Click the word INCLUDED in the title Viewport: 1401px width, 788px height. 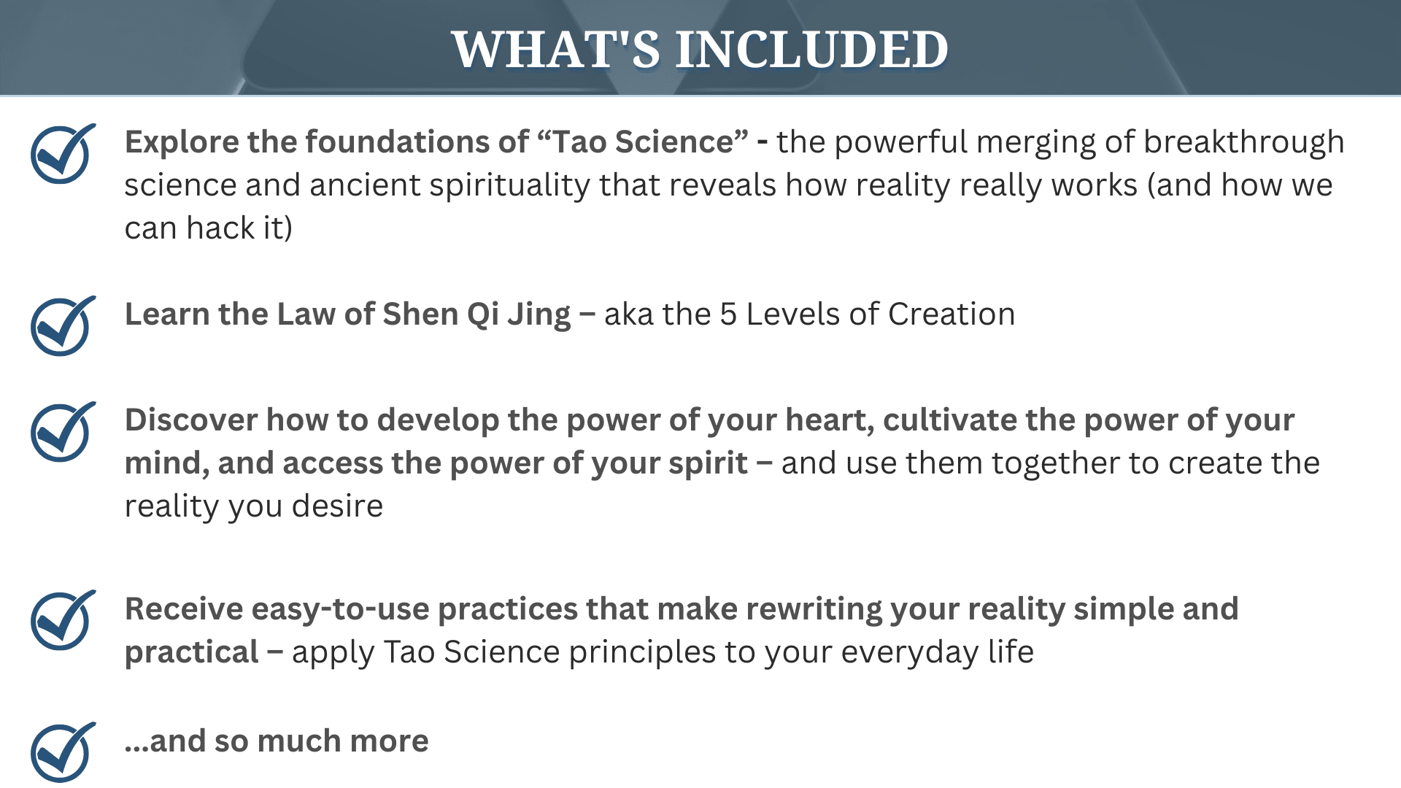click(x=812, y=50)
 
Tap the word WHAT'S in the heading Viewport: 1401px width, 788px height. click(x=556, y=50)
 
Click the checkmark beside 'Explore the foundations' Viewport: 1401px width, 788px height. click(x=63, y=154)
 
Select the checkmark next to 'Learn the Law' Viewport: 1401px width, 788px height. click(x=63, y=326)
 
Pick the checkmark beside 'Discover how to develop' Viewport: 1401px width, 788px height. click(x=63, y=432)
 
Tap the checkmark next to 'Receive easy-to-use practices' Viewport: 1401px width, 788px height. click(x=63, y=620)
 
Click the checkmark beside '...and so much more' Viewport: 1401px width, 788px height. click(x=63, y=752)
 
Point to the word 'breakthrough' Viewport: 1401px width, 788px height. click(x=1243, y=143)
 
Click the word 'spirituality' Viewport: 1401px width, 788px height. click(x=509, y=186)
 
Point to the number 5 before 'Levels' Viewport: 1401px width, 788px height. click(x=728, y=314)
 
